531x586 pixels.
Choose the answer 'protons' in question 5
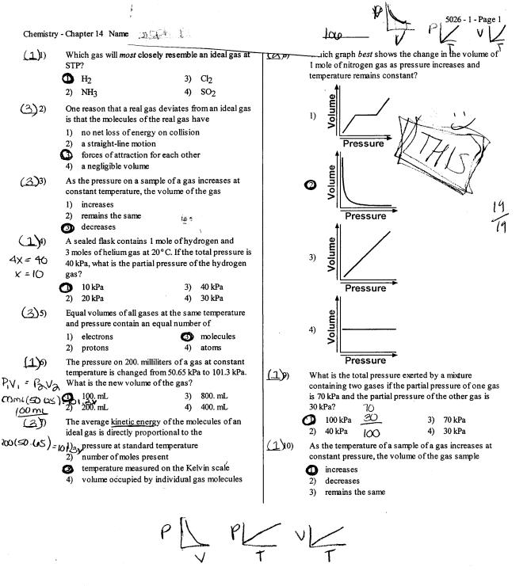point(96,348)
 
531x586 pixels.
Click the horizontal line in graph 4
point(365,327)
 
